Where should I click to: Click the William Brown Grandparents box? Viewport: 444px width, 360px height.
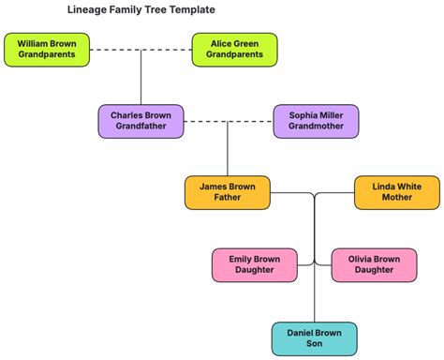point(47,50)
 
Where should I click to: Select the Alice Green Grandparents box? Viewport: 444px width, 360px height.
point(234,50)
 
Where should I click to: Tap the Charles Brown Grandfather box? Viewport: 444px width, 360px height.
point(141,121)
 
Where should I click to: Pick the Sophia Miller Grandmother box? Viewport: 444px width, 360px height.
point(316,121)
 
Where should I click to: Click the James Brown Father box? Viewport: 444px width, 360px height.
point(227,193)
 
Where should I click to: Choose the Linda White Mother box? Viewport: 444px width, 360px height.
point(396,193)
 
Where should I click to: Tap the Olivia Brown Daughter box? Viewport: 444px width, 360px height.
point(373,264)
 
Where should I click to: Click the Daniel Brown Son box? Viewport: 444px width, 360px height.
point(314,337)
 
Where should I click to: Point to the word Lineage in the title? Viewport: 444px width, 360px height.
point(87,10)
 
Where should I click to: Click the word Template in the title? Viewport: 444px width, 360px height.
point(191,10)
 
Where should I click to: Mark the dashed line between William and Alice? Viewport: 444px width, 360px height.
point(141,50)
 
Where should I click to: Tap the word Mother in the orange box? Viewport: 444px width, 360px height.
point(396,199)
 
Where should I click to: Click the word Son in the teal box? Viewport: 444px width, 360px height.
point(314,344)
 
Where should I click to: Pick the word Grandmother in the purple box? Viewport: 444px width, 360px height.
point(316,127)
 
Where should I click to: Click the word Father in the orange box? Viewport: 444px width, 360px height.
point(227,199)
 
